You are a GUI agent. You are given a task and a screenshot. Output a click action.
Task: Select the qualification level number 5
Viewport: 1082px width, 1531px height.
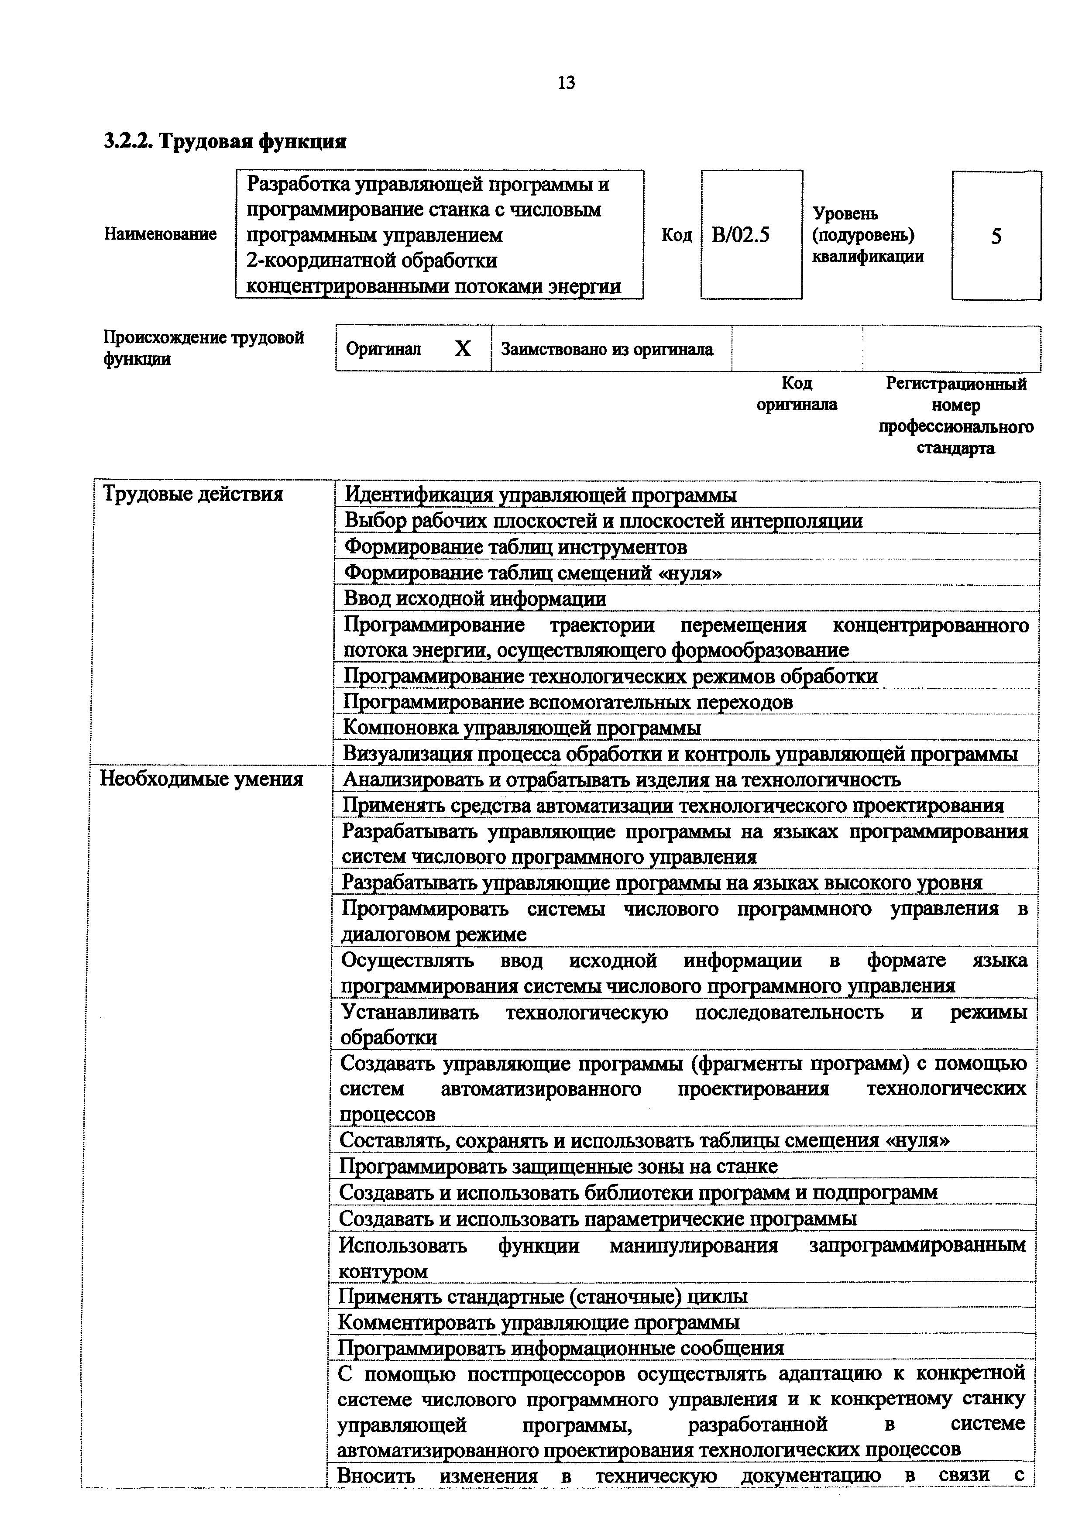point(996,236)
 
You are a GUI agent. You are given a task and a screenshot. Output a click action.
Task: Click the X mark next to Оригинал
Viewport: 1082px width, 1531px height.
point(463,349)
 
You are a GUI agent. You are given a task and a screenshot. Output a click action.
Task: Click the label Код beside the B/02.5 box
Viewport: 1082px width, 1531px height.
point(677,235)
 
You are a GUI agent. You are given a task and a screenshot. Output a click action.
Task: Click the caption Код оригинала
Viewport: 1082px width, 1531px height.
point(797,394)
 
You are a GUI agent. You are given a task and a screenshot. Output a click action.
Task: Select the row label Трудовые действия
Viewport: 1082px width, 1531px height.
point(192,494)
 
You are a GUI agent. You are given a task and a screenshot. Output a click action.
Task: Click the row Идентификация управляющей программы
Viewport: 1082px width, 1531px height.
point(540,495)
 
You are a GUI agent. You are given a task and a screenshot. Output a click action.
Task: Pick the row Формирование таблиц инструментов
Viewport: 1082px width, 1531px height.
point(515,547)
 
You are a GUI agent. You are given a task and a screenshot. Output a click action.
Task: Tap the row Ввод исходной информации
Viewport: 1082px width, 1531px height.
point(475,599)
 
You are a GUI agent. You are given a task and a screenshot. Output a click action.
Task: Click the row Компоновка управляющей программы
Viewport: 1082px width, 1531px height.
point(521,728)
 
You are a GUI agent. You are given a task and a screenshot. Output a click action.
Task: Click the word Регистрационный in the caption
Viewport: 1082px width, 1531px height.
point(956,384)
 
